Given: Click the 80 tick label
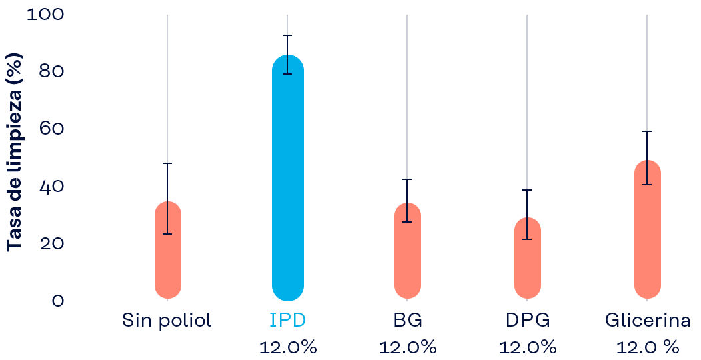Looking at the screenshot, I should tap(51, 71).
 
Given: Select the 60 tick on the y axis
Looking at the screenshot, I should tap(51, 128).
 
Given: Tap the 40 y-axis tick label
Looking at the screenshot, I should tap(51, 186).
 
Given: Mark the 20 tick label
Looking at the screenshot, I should tap(51, 243).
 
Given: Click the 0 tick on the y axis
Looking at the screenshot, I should tap(57, 301).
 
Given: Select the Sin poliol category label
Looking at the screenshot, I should tap(167, 321).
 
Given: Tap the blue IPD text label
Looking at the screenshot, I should tap(287, 321).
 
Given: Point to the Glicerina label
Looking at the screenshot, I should tap(647, 321).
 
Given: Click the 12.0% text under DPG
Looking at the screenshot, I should tap(527, 347).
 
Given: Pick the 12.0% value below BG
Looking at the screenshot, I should tap(407, 347).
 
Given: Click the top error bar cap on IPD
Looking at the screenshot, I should tap(287, 35).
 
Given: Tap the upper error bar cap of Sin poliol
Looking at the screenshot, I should tap(167, 163).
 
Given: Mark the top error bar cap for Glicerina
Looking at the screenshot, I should tap(647, 131).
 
